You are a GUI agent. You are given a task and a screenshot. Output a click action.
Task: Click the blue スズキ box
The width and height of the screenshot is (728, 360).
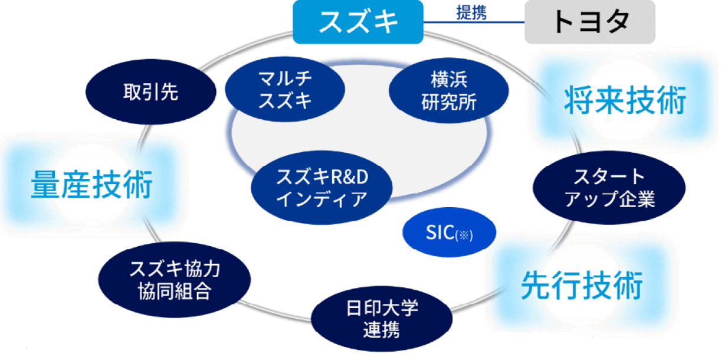358,22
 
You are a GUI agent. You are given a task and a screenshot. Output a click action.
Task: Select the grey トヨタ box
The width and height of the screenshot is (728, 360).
590,22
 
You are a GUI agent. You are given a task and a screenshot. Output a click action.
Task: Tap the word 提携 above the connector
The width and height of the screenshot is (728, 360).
471,12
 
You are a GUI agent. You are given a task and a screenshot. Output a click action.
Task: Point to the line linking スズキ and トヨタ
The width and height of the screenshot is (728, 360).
474,22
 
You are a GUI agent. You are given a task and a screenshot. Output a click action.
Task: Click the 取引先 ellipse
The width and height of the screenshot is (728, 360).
151,91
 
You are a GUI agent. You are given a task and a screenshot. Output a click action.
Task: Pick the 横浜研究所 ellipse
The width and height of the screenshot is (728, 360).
449,90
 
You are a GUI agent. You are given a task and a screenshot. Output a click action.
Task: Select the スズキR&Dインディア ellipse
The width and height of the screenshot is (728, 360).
322,188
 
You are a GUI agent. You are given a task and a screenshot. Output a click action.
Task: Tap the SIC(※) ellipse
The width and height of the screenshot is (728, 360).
449,232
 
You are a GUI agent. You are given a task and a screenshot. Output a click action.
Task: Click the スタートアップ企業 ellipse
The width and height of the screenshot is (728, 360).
609,188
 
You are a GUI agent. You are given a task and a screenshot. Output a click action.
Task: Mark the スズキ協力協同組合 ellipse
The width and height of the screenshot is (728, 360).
175,280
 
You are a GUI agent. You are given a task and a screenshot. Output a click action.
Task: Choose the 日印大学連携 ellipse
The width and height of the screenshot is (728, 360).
382,319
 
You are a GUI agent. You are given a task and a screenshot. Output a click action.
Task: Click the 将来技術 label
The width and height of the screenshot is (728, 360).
625,100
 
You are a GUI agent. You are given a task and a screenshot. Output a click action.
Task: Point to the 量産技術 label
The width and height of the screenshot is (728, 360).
91,184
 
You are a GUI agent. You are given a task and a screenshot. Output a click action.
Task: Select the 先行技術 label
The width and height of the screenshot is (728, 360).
582,285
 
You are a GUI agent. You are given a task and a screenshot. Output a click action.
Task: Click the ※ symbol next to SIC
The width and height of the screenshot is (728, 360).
464,235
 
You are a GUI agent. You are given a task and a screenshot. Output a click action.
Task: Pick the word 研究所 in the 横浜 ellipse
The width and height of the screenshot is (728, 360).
449,102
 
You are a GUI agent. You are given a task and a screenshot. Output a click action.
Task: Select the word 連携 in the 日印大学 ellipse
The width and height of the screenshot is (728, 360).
382,330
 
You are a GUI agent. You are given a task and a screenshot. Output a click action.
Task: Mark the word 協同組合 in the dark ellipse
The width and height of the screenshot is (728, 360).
175,291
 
